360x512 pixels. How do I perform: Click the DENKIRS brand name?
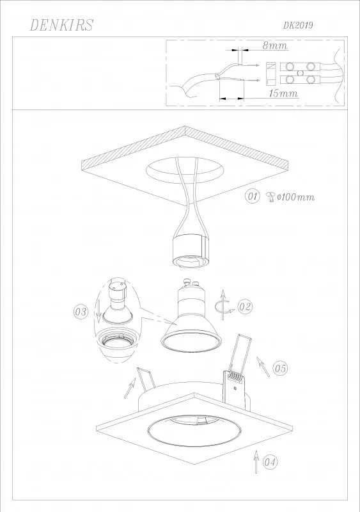61,25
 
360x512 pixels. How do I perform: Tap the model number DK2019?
298,26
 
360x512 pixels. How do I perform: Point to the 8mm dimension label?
275,45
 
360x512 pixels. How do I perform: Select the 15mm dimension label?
283,93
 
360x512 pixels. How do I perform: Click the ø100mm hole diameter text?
295,197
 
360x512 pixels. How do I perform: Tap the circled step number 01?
253,196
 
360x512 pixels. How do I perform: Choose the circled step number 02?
245,307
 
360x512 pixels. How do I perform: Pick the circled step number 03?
81,312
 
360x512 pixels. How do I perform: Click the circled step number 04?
270,462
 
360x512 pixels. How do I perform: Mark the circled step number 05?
280,369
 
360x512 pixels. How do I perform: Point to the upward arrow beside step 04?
256,461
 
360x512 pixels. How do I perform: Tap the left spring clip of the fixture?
145,378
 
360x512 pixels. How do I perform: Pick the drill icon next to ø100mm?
270,197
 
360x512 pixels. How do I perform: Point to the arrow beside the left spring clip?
129,388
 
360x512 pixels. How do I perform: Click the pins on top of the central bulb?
192,282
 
